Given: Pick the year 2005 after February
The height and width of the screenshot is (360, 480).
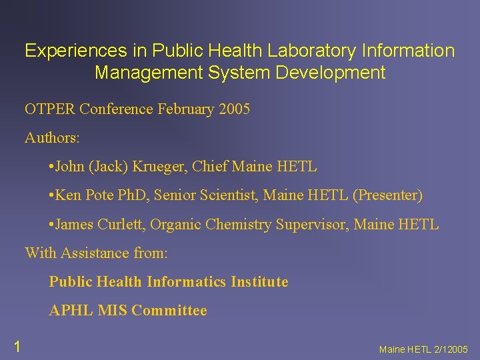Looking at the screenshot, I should (x=234, y=109).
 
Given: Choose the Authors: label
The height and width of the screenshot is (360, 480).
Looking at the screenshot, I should (x=52, y=138).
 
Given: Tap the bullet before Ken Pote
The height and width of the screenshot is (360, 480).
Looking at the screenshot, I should (x=51, y=196).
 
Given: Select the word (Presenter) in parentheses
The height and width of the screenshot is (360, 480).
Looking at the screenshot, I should (x=387, y=195).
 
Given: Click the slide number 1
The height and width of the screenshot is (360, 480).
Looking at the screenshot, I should (x=17, y=345).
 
